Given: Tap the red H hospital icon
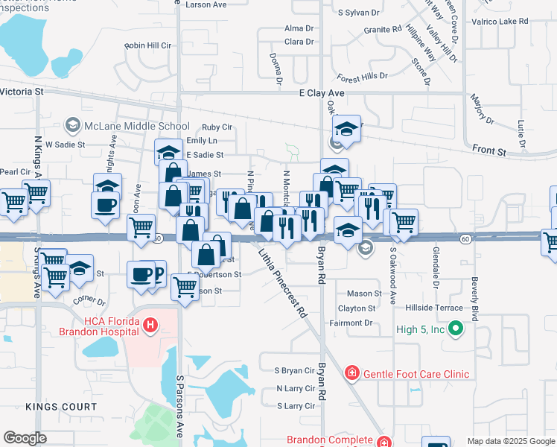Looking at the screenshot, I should (x=150, y=325).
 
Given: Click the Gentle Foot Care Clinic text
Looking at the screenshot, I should (x=416, y=374).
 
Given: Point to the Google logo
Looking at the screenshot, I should (x=25, y=438).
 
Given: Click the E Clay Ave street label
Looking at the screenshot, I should (x=322, y=93).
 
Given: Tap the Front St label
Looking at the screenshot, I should (x=489, y=151).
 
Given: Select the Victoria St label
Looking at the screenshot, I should (x=23, y=91).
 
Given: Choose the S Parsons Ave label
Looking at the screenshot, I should (x=179, y=405).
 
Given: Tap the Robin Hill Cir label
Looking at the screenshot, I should (x=148, y=45).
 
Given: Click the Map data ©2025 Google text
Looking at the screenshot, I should (x=511, y=441).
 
